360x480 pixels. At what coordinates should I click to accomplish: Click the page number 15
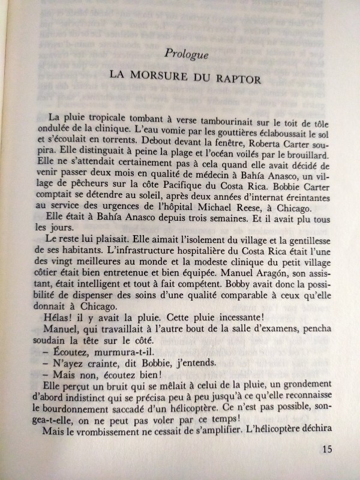[x=326, y=449]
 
